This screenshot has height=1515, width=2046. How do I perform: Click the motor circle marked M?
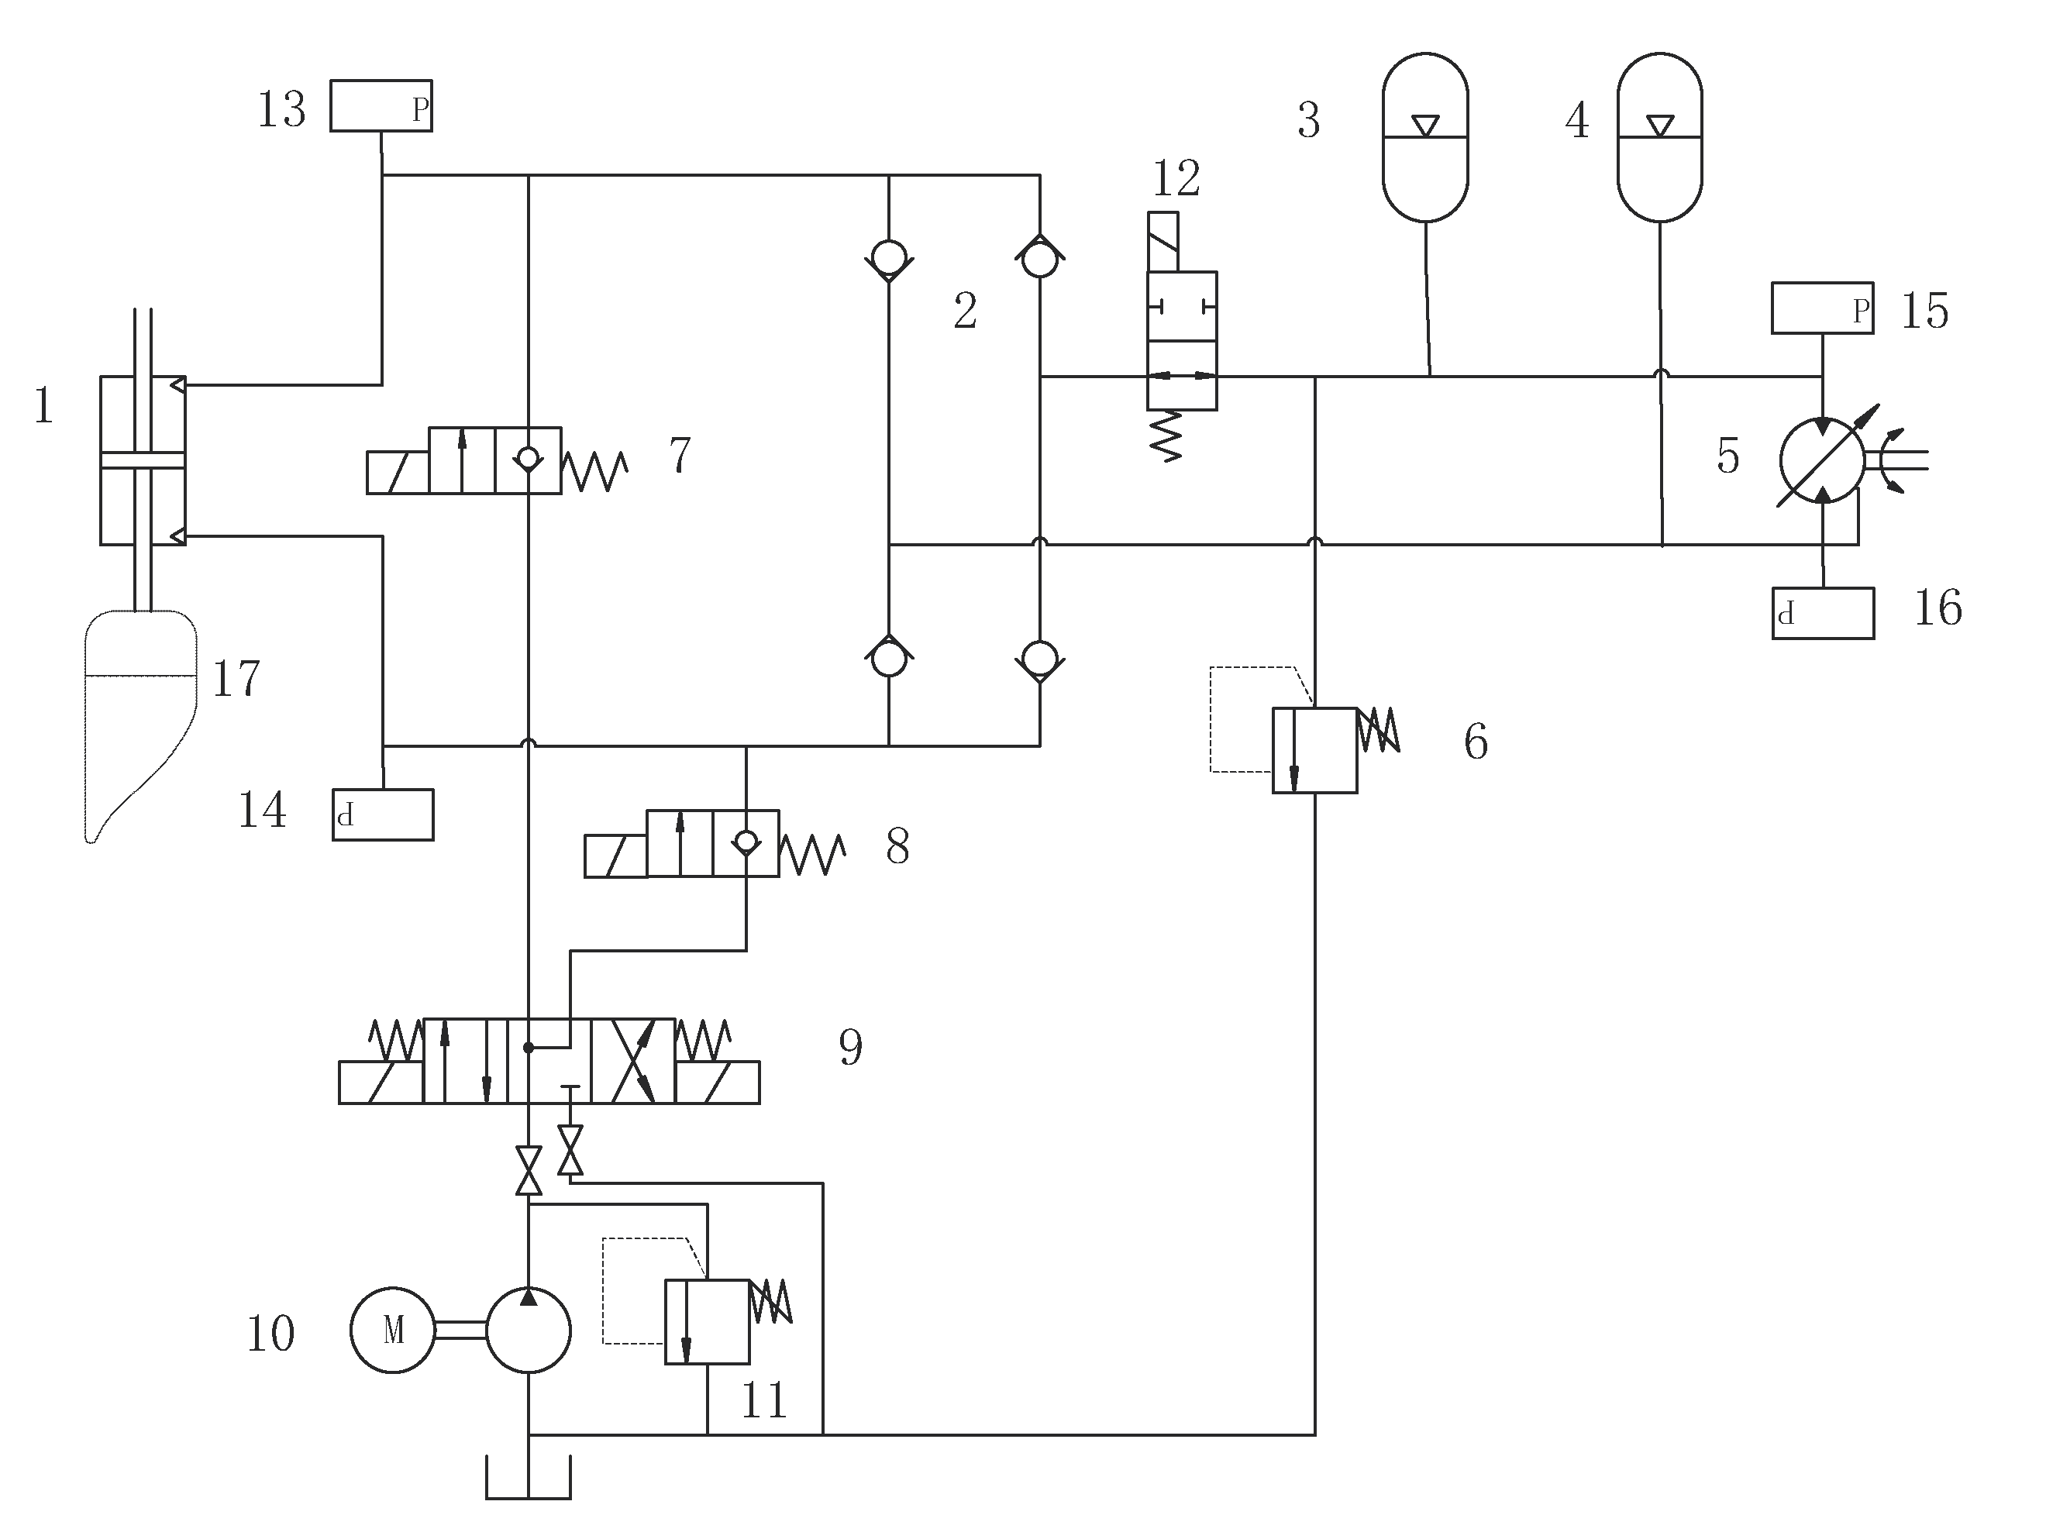392,1330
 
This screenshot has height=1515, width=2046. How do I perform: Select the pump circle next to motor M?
529,1330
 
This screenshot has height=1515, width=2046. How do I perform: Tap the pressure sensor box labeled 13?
381,106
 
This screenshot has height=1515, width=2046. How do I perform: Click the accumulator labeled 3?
1424,138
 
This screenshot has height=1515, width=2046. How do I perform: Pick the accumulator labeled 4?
1659,138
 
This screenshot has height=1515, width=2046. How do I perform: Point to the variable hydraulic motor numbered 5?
1821,460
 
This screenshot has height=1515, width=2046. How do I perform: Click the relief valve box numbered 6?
1314,750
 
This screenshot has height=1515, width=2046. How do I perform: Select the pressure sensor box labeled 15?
1821,308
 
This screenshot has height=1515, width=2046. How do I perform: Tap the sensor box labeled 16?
1822,614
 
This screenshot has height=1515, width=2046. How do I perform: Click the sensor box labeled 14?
382,814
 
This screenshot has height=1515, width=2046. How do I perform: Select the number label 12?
1176,178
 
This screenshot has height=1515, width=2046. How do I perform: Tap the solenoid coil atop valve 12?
1162,241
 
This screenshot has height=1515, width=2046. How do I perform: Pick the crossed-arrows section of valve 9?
632,1061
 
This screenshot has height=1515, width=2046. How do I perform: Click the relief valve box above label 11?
706,1321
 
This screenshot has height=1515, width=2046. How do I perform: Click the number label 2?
965,311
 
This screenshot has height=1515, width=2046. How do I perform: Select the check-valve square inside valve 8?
746,844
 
